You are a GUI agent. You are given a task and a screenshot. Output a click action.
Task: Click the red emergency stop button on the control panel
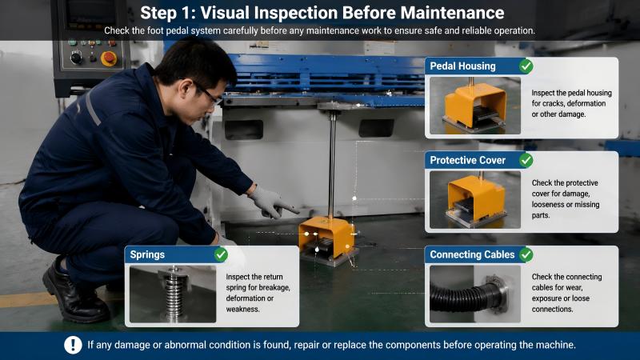tap(109, 58)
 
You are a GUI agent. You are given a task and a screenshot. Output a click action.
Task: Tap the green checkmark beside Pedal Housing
tap(526, 66)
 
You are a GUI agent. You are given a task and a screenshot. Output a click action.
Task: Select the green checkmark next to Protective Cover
tap(526, 161)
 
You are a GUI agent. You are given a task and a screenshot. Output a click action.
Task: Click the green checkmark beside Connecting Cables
tap(526, 254)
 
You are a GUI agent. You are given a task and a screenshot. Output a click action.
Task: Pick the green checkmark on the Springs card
tap(221, 254)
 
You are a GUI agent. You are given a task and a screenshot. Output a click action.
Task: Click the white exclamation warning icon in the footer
tap(73, 345)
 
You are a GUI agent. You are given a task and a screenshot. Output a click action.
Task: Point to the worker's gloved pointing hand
tap(273, 202)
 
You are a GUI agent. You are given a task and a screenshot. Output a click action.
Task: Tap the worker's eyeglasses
tap(208, 94)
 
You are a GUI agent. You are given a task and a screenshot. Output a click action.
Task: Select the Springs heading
tap(147, 254)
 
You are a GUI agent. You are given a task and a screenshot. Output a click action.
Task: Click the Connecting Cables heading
tap(472, 254)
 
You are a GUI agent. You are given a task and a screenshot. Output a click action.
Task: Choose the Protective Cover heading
tap(468, 161)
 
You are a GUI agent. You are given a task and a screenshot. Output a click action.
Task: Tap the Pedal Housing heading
tap(463, 66)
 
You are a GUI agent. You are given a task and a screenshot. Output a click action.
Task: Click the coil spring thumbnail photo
tap(173, 294)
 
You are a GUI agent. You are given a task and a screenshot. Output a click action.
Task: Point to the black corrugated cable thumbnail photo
tap(475, 294)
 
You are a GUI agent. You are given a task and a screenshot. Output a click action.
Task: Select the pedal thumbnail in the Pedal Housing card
tap(475, 106)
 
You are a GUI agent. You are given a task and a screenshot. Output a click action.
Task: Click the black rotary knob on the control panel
tap(76, 58)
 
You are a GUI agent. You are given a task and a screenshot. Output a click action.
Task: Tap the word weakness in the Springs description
tap(243, 309)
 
